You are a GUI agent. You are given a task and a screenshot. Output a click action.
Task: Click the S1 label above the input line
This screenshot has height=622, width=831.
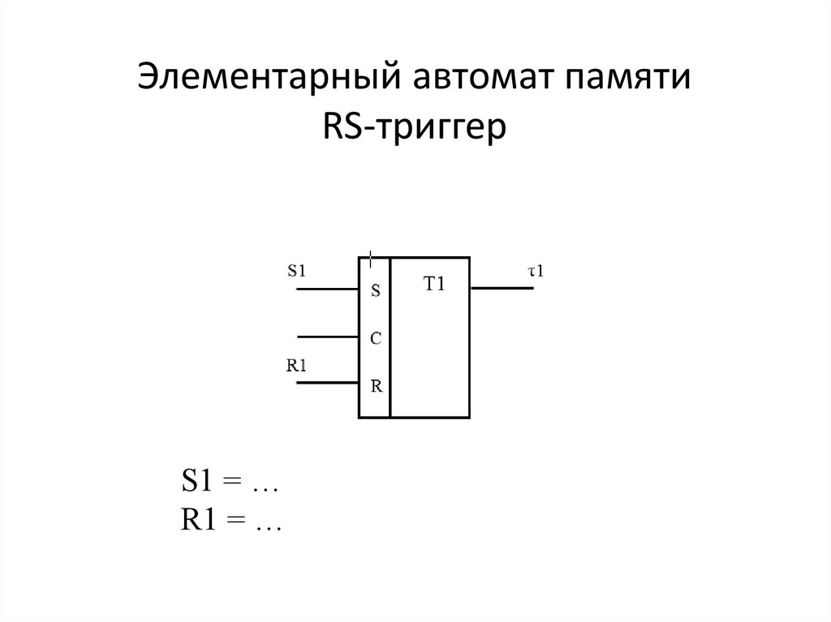tap(297, 271)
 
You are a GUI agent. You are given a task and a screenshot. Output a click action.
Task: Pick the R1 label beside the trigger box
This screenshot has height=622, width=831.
tap(297, 365)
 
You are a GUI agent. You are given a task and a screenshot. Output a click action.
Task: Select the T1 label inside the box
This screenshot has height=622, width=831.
tap(435, 285)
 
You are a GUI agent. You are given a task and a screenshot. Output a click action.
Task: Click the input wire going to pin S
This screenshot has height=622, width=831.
tap(328, 289)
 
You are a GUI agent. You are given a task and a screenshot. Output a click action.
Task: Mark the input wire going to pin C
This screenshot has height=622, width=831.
tap(328, 336)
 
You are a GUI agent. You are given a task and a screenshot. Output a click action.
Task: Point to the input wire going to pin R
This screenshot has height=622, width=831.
tap(328, 383)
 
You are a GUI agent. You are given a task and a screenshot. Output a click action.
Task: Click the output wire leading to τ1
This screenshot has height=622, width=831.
tap(502, 288)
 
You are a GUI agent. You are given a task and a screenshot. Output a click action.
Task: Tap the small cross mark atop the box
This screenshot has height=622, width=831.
tap(371, 259)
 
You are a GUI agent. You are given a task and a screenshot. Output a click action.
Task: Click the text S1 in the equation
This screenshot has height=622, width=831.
tap(198, 483)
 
